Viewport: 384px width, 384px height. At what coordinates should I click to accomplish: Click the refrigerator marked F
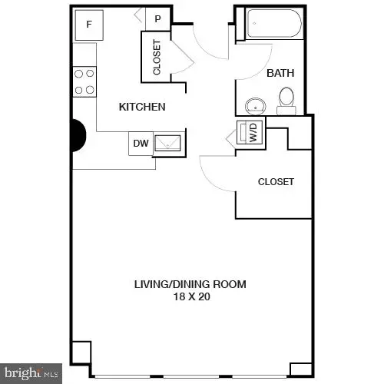(x=89, y=24)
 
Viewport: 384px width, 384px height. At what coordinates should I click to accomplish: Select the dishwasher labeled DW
(x=141, y=142)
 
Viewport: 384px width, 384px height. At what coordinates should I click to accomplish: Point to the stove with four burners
(x=84, y=81)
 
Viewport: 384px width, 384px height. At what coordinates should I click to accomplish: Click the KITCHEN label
(x=142, y=108)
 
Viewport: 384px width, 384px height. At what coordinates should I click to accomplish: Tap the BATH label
(x=277, y=74)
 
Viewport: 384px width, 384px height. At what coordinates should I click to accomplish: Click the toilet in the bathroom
(x=286, y=98)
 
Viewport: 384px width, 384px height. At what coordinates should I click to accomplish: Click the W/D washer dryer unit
(x=250, y=132)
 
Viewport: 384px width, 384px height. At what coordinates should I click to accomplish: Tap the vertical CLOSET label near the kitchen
(x=157, y=58)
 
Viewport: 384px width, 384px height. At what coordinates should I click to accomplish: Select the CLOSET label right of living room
(x=276, y=182)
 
